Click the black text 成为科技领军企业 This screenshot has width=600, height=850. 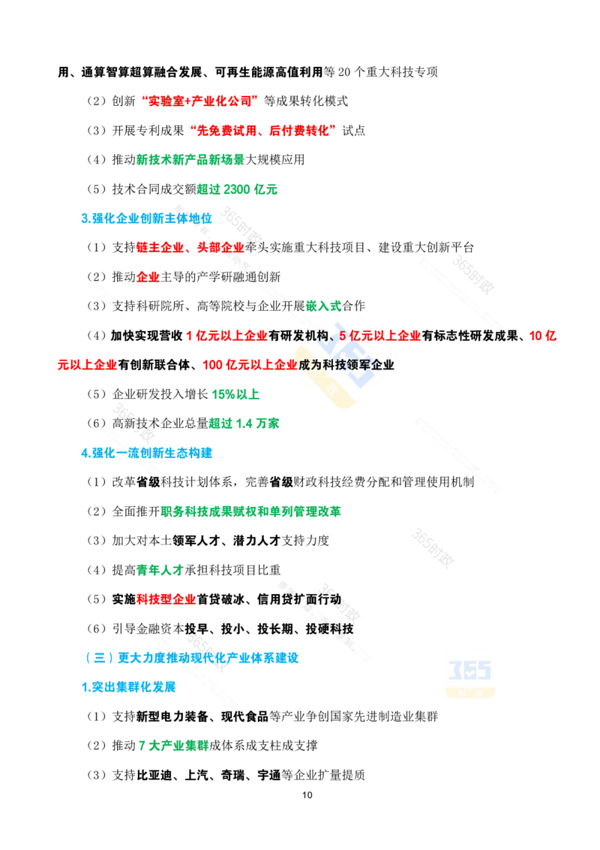[346, 365]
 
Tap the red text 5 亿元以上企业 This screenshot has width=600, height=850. [380, 336]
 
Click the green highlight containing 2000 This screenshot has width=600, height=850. [238, 190]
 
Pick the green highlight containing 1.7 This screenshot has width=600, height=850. [244, 423]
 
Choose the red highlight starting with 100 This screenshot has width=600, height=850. [250, 365]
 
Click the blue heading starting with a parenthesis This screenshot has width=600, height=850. [192, 658]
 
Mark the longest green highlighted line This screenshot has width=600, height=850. [252, 513]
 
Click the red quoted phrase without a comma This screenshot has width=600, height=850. [199, 99]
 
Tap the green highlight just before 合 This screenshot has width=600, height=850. [324, 306]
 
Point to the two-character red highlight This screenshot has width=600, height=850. [148, 276]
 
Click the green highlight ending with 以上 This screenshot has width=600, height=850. [236, 393]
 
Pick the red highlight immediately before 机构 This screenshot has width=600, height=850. [227, 336]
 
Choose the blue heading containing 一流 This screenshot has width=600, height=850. [147, 453]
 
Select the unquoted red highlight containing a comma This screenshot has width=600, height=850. [190, 246]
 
